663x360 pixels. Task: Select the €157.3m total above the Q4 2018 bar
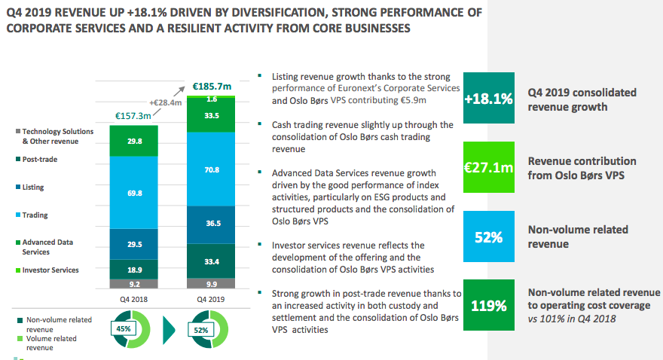[133, 115]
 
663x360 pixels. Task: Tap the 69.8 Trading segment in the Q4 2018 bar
[133, 193]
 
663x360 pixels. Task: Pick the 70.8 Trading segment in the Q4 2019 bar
[212, 170]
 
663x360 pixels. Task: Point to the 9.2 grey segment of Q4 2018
[133, 284]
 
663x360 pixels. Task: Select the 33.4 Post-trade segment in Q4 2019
[212, 261]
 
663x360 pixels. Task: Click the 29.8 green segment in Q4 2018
[133, 142]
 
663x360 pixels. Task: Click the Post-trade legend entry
[39, 160]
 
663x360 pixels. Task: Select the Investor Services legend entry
[50, 270]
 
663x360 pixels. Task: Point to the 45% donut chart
[126, 329]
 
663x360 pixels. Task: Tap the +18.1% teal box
[489, 99]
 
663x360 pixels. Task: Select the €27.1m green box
[489, 167]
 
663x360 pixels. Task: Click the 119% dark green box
[489, 305]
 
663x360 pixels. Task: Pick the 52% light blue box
[489, 236]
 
